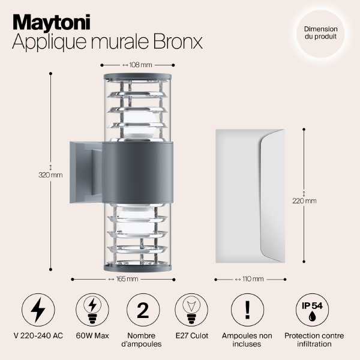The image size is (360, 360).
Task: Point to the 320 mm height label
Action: point(50,175)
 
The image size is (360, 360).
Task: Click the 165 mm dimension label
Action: point(125,279)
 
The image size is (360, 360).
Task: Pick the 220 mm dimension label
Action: point(304,201)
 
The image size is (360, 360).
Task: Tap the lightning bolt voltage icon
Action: point(38,310)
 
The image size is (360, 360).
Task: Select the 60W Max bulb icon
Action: point(92,310)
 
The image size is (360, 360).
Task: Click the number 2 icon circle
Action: point(143,310)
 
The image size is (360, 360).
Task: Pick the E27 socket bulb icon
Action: point(191,310)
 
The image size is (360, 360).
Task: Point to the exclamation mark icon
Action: point(247,310)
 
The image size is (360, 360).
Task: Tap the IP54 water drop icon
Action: point(311,310)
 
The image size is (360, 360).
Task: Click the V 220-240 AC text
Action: point(38,335)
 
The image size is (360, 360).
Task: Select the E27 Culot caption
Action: point(191,335)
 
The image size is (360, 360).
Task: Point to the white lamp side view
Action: point(250,196)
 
